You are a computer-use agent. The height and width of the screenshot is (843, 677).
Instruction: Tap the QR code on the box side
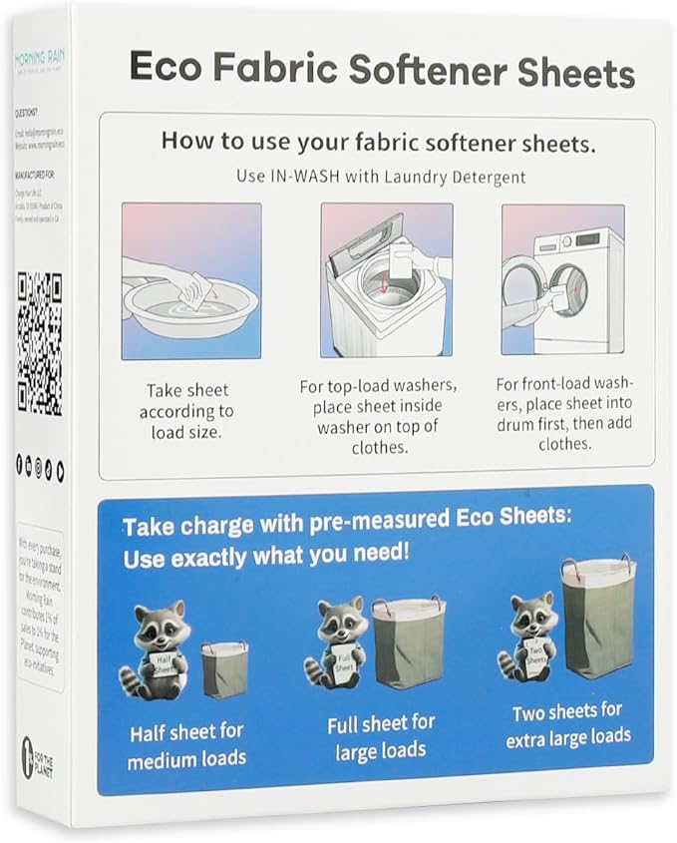pyautogui.click(x=40, y=344)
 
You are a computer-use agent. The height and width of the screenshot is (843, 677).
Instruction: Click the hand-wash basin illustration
pyautogui.click(x=191, y=281)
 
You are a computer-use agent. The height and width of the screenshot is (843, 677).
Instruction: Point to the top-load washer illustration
pyautogui.click(x=386, y=281)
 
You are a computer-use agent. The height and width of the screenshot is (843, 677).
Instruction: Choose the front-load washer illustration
pyautogui.click(x=562, y=281)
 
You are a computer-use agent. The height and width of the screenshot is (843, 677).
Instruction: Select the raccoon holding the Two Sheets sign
pyautogui.click(x=531, y=638)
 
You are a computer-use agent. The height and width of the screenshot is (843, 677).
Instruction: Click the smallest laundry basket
pyautogui.click(x=224, y=670)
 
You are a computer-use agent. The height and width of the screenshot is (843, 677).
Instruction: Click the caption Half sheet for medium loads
pyautogui.click(x=186, y=744)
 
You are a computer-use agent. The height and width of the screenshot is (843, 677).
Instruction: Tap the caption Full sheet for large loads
pyautogui.click(x=381, y=734)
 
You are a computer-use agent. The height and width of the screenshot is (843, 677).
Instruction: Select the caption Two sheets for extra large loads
pyautogui.click(x=567, y=724)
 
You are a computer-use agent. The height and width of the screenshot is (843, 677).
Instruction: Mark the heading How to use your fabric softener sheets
pyautogui.click(x=379, y=143)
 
